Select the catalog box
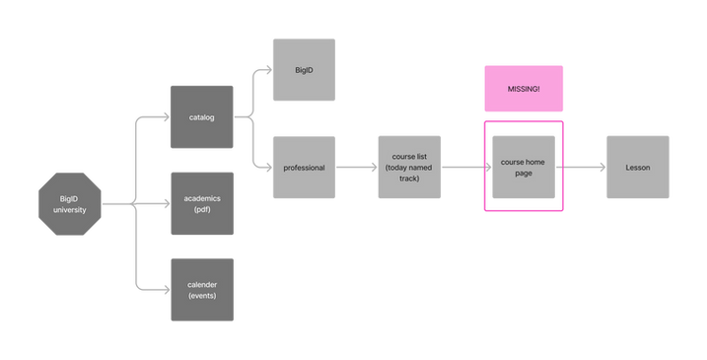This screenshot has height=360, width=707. coord(201,117)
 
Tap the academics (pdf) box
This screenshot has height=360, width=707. coord(201,203)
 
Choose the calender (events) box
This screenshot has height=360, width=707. coord(201,289)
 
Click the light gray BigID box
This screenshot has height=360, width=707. coord(304,70)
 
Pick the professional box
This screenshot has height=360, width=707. coord(304,168)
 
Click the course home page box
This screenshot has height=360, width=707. coord(523,168)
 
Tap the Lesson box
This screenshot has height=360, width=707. coord(637,168)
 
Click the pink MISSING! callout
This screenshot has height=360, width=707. coord(523,89)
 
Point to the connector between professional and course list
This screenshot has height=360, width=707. coord(357,168)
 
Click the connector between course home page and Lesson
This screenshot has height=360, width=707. coord(581,168)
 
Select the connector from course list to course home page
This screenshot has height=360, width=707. coord(465,168)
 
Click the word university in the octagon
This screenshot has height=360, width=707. coord(68,211)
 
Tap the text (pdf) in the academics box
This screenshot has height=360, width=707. coord(201,210)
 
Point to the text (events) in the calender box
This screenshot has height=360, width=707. coord(201,296)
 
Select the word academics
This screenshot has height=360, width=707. coord(201,198)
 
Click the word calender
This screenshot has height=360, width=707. coord(201,284)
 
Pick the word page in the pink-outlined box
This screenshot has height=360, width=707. coord(523,174)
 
